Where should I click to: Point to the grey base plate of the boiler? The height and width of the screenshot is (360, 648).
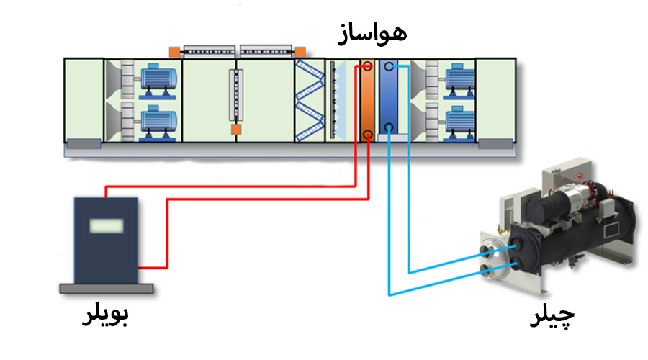point(106,288)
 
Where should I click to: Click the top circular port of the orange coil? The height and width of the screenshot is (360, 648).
point(367,67)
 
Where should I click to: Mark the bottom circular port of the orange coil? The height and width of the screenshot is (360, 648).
point(367,134)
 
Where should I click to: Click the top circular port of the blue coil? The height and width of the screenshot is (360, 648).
point(389,67)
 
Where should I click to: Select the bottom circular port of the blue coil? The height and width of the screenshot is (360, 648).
point(389,129)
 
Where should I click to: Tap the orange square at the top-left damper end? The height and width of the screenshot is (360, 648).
point(174,51)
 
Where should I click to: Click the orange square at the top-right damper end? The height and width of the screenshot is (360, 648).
point(300,51)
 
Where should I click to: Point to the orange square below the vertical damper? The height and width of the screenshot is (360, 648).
point(235,129)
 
